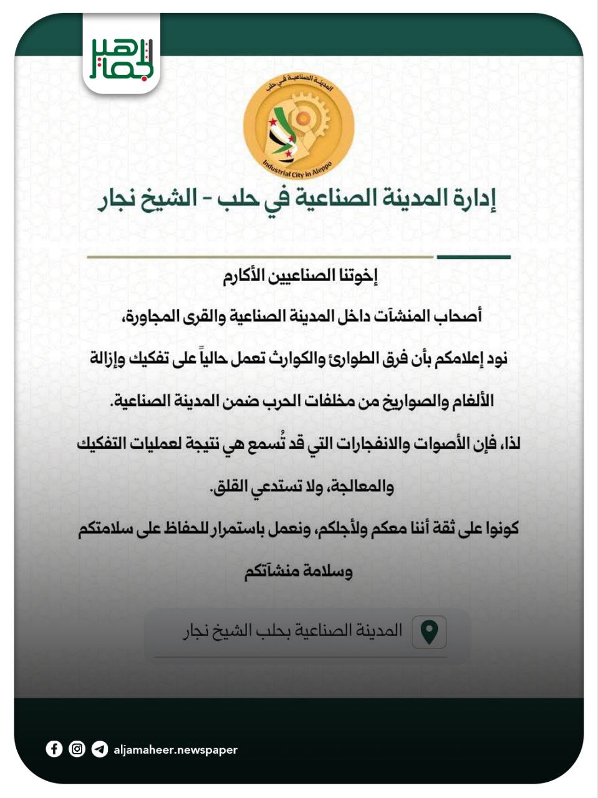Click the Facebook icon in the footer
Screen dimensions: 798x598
pos(54,749)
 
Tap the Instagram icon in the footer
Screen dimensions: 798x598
pos(77,749)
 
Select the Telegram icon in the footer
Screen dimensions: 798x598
pos(99,749)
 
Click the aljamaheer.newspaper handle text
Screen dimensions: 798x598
pos(175,750)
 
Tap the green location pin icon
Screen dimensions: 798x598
pos(429,632)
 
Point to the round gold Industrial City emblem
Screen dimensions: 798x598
pos(299,125)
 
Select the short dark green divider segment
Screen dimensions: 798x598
pos(473,257)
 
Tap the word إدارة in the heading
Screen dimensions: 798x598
pos(473,199)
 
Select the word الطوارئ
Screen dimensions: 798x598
pos(352,358)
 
